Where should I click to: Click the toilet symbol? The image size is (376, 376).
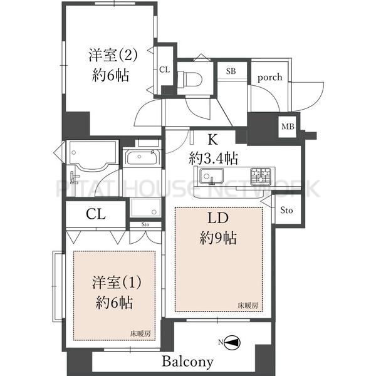coord(191,78)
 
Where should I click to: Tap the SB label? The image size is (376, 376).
coord(231,71)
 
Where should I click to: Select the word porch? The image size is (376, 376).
coord(269,78)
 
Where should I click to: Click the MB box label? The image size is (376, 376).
coord(288,126)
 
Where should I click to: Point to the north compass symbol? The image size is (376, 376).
coord(232,343)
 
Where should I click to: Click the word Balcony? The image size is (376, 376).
coord(187,361)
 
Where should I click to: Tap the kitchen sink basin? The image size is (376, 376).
coord(212,176)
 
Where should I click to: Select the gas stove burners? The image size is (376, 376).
coord(261,176)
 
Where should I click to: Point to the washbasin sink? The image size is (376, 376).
coord(142,157)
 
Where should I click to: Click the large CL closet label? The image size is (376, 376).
coord(96,214)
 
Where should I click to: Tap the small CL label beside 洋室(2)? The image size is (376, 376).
coord(164,70)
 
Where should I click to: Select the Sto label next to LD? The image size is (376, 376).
coord(286,211)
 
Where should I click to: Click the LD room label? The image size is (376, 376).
coord(217,218)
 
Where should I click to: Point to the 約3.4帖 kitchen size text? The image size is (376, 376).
coord(213,159)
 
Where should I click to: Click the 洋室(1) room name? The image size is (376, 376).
coord(117,283)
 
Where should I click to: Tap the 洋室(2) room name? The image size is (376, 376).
coord(113,55)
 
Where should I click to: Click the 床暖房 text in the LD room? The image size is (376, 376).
coord(248,306)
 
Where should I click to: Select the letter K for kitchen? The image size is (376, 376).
coord(212,140)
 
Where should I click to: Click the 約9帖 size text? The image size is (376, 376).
coord(218,238)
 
